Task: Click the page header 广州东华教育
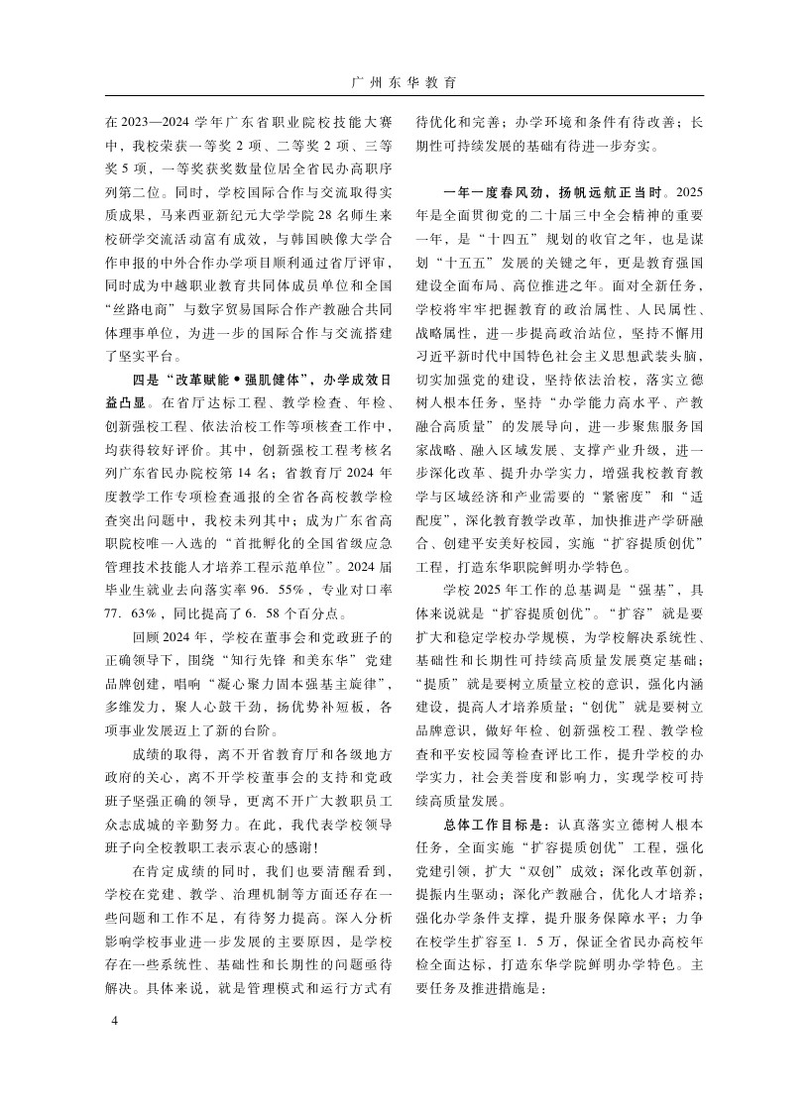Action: tap(404, 83)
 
